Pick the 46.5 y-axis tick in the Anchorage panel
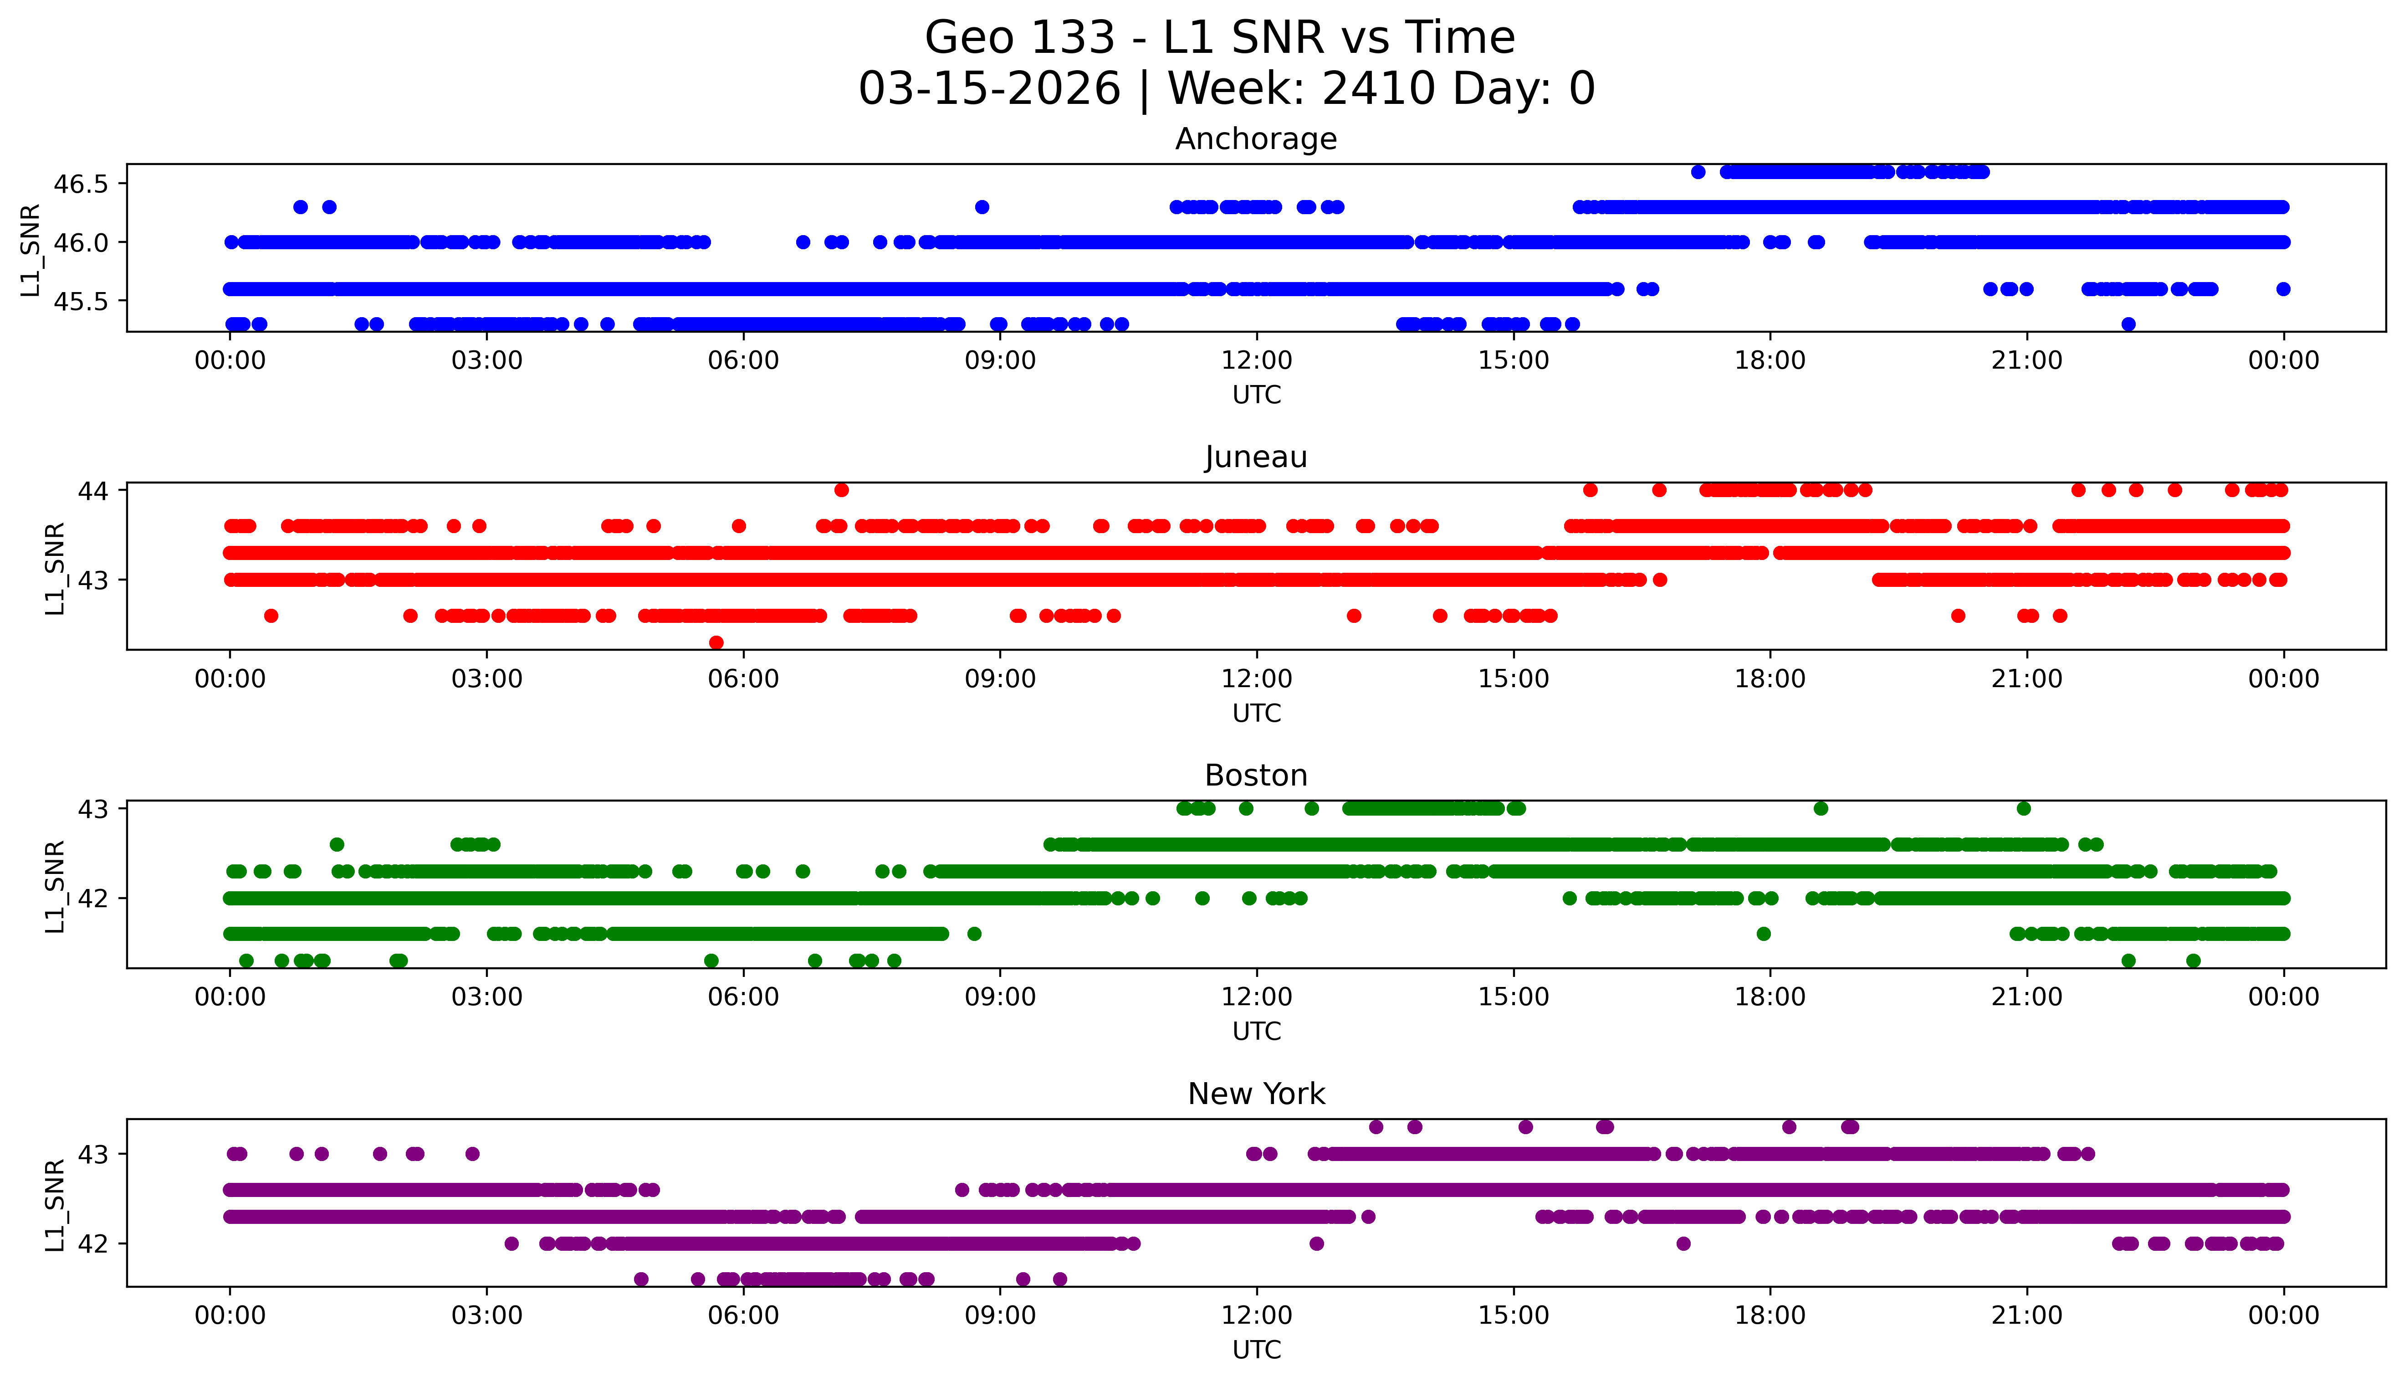point(81,184)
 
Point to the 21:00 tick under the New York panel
point(2026,1315)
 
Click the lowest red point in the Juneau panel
point(716,642)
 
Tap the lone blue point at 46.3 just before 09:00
point(982,207)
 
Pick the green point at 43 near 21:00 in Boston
point(2024,809)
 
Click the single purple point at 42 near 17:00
point(1683,1243)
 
